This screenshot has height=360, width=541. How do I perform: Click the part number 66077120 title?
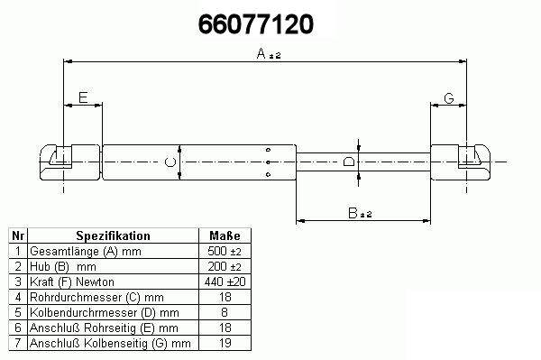click(x=256, y=24)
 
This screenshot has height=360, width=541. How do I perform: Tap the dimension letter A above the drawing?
click(x=261, y=53)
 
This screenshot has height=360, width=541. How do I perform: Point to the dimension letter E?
click(x=83, y=97)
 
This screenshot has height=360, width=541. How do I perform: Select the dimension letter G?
click(x=449, y=98)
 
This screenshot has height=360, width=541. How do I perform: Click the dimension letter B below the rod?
click(x=353, y=213)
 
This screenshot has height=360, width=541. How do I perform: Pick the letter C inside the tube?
click(x=170, y=162)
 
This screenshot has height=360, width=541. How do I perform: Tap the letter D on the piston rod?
click(x=349, y=162)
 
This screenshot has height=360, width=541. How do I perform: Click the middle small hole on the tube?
click(x=268, y=162)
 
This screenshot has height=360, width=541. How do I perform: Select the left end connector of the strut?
click(x=70, y=162)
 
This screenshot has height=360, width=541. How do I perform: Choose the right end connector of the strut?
click(x=460, y=162)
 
